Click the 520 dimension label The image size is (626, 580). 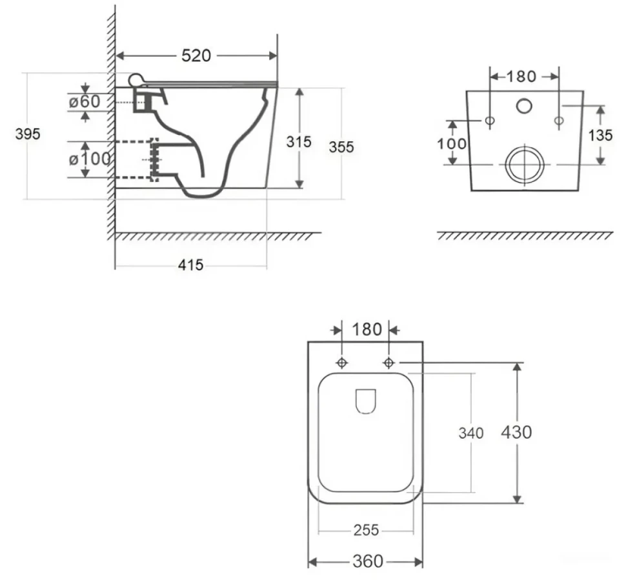(x=196, y=55)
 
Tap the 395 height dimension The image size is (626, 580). (x=28, y=134)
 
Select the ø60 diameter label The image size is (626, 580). (x=85, y=101)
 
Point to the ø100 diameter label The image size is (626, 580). (x=90, y=159)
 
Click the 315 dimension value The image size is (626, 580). (x=299, y=141)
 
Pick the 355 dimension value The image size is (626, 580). (x=341, y=147)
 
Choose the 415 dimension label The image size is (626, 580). (x=190, y=265)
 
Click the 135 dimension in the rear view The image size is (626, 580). (x=600, y=135)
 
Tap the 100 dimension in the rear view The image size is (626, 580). (x=452, y=144)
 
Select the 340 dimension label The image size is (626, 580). (x=471, y=433)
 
